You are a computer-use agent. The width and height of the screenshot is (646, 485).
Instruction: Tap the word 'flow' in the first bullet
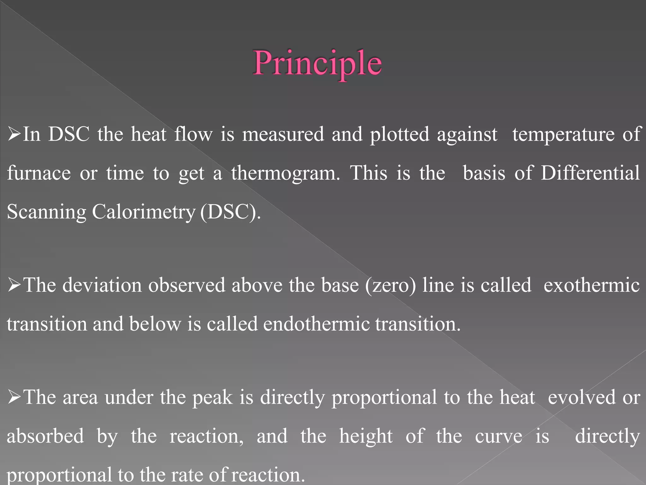tap(193, 134)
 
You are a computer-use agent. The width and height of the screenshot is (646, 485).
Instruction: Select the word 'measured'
tap(283, 134)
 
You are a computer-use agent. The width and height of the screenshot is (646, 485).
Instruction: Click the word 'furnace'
tap(39, 173)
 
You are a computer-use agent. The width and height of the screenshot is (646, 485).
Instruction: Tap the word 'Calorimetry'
tap(144, 212)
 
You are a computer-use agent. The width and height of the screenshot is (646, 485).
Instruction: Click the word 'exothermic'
tap(591, 285)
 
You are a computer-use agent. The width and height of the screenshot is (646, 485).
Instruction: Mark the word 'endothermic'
tap(316, 324)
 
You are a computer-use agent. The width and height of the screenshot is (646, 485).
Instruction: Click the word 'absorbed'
tap(45, 436)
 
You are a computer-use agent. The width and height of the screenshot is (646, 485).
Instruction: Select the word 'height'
tap(366, 437)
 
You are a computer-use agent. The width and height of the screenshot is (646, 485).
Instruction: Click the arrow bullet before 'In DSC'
tap(14, 135)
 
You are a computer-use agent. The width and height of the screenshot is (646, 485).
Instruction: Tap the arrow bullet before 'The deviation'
tap(14, 285)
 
